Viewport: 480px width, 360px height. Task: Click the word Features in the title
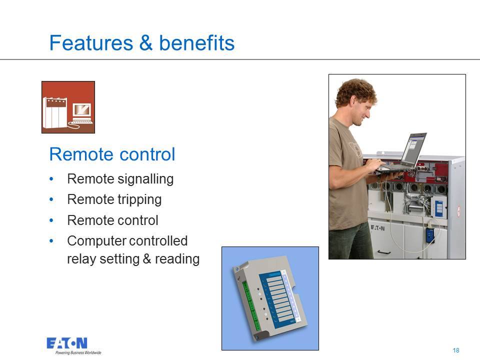coord(91,42)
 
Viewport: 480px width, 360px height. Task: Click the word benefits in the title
coord(197,42)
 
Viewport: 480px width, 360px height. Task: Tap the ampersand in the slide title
coord(146,42)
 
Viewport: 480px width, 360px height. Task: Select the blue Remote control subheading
coord(112,154)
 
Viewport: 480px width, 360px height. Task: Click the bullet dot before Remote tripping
coord(51,199)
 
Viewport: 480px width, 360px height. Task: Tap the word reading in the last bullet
coord(177,259)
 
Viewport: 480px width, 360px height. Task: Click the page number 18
coord(456,350)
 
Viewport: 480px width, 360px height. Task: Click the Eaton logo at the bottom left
coord(67,343)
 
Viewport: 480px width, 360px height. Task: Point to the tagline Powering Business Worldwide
coord(78,352)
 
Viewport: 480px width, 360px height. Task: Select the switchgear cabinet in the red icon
coord(55,112)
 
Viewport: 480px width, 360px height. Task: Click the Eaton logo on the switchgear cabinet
coord(378,228)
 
